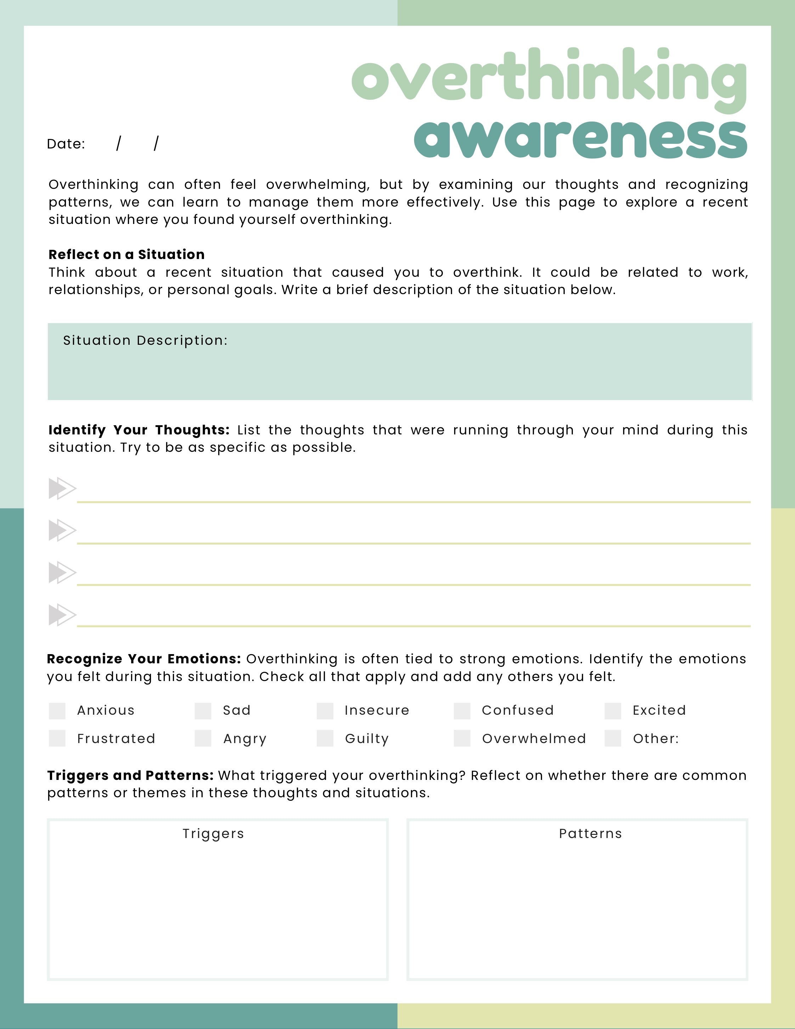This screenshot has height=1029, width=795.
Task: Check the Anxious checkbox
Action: point(57,711)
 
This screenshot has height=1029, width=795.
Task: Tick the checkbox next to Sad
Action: point(203,711)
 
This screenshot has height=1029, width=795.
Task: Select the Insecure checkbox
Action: point(325,711)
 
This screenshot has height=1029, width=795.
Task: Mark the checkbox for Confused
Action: point(462,711)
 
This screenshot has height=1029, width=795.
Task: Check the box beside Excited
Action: point(613,711)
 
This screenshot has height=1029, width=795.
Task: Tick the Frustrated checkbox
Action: point(57,738)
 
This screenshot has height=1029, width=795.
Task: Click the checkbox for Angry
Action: point(203,738)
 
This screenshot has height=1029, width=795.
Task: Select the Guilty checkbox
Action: point(325,738)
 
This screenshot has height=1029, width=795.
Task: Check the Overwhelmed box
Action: point(462,738)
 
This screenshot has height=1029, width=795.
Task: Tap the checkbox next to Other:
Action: point(613,738)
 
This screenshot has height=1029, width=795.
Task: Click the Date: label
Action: point(66,144)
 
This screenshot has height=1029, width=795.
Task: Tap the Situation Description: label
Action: point(145,340)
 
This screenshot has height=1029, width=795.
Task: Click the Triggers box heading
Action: point(213,833)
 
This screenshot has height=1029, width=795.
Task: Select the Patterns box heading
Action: point(591,833)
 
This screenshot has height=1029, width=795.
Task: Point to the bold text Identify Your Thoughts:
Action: point(139,430)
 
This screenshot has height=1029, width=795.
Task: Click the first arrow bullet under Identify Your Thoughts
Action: point(62,489)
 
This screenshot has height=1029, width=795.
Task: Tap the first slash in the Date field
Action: point(119,143)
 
